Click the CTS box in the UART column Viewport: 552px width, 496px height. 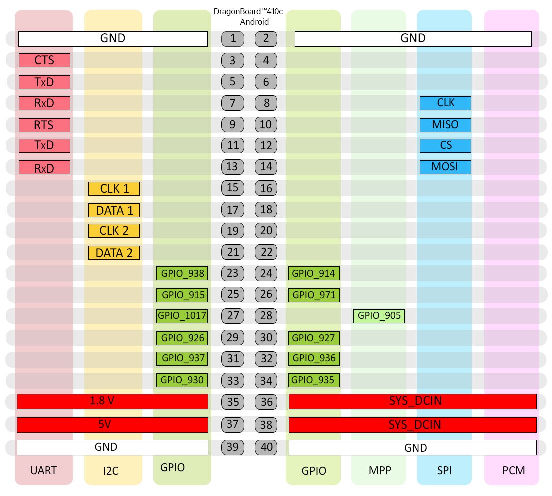[x=44, y=60]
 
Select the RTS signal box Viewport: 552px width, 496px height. [x=44, y=124]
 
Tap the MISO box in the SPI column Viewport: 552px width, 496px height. [x=445, y=124]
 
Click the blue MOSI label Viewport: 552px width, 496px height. [x=445, y=167]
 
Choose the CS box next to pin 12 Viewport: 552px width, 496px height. [x=445, y=145]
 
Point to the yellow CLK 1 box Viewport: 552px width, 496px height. [x=114, y=189]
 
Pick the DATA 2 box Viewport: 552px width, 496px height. [x=114, y=253]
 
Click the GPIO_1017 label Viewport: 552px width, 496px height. [x=182, y=315]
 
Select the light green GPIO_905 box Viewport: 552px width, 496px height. [x=379, y=316]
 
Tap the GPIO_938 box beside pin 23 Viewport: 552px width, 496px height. [x=182, y=273]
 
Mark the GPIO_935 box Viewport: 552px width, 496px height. [x=313, y=380]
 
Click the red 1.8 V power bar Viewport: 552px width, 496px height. [x=112, y=401]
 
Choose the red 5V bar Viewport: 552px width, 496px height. [x=112, y=425]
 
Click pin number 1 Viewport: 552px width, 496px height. [x=233, y=38]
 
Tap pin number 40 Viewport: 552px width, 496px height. [x=266, y=447]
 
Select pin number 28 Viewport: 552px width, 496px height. [x=266, y=316]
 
